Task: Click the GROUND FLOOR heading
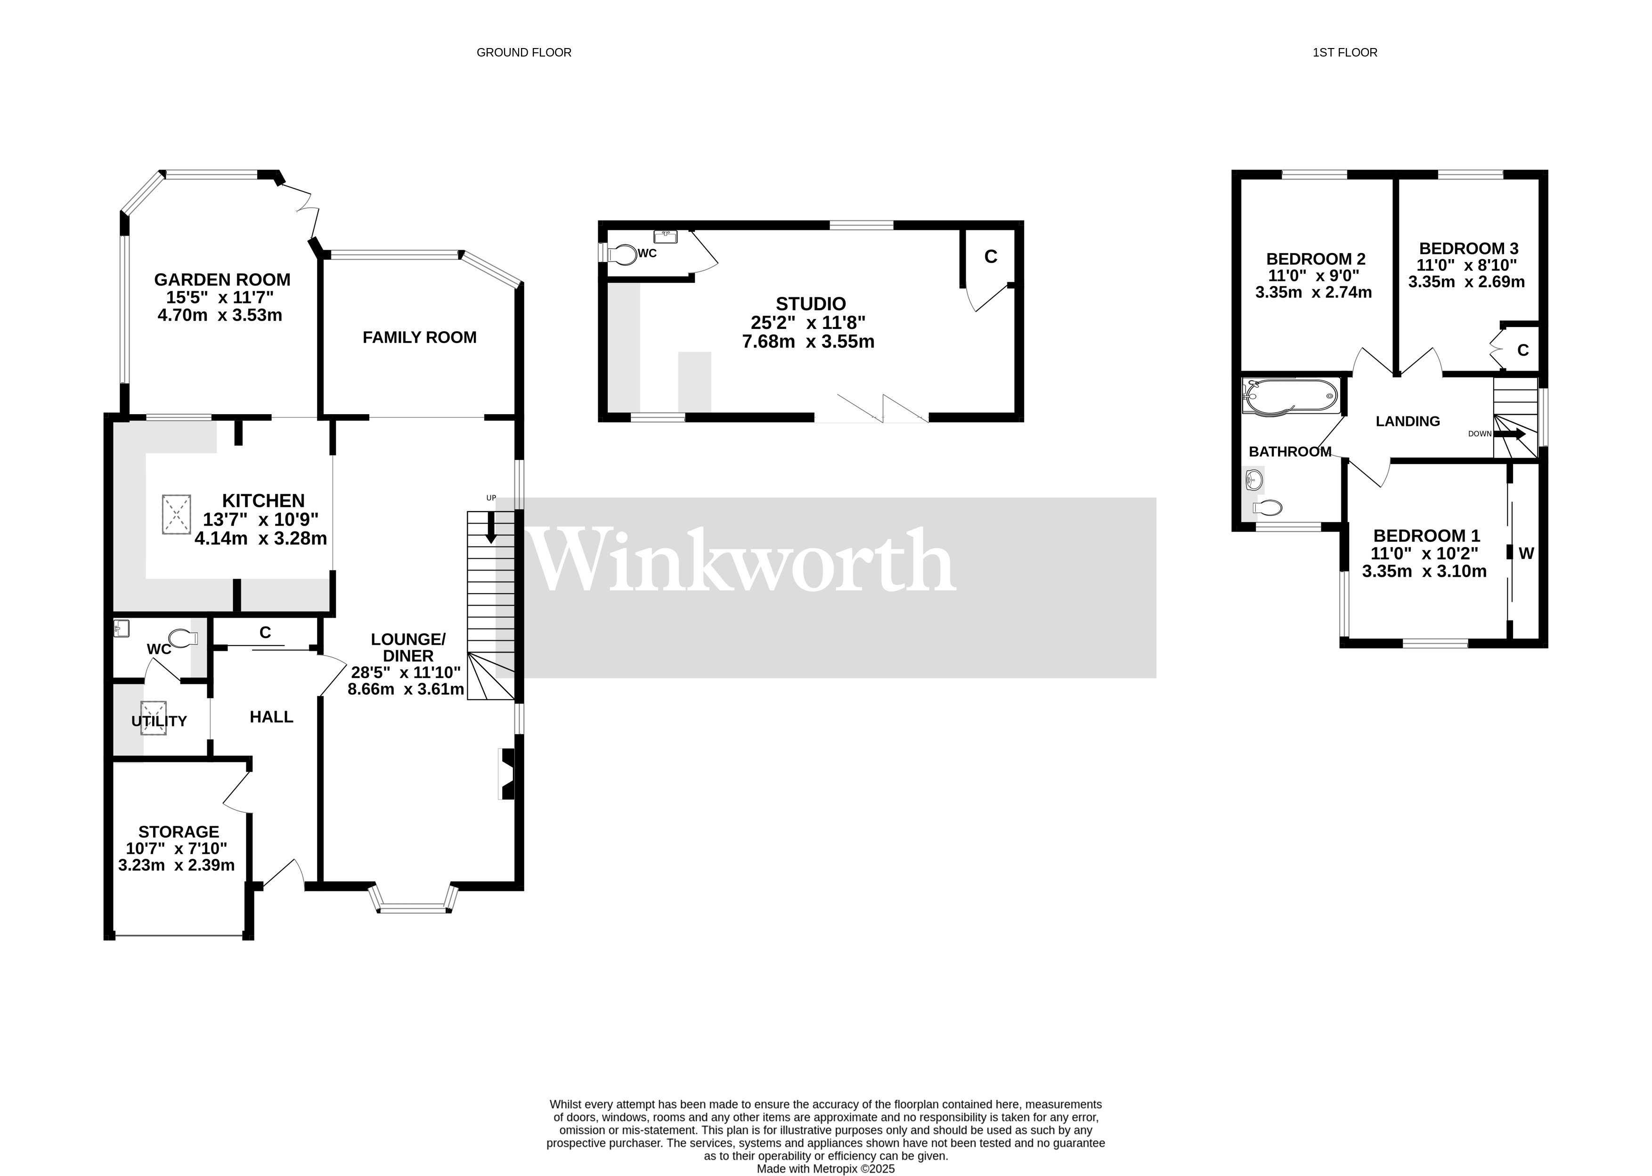tap(523, 52)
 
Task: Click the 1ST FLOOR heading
tap(1344, 52)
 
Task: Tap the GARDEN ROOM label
tap(222, 279)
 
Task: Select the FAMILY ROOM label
tap(419, 337)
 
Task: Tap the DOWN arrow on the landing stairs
tap(1509, 434)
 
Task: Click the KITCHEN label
tap(263, 500)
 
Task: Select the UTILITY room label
tap(159, 721)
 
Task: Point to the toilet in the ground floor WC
tap(184, 638)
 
